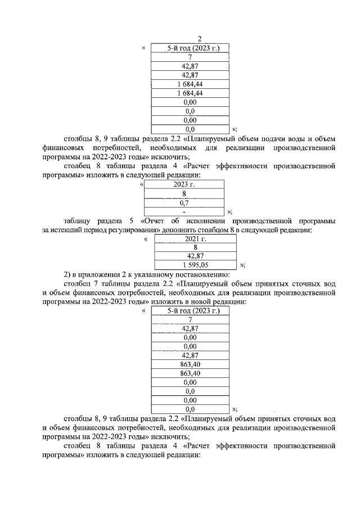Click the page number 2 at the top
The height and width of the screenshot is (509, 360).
[199, 39]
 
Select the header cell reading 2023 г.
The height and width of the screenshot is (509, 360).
[184, 184]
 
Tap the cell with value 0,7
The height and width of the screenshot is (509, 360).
[184, 202]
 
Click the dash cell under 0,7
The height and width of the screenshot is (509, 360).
[184, 211]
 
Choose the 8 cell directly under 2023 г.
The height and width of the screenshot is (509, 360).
[184, 193]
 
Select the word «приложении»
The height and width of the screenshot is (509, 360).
[98, 274]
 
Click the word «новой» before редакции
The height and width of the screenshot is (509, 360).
[207, 301]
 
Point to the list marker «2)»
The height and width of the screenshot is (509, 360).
[67, 274]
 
